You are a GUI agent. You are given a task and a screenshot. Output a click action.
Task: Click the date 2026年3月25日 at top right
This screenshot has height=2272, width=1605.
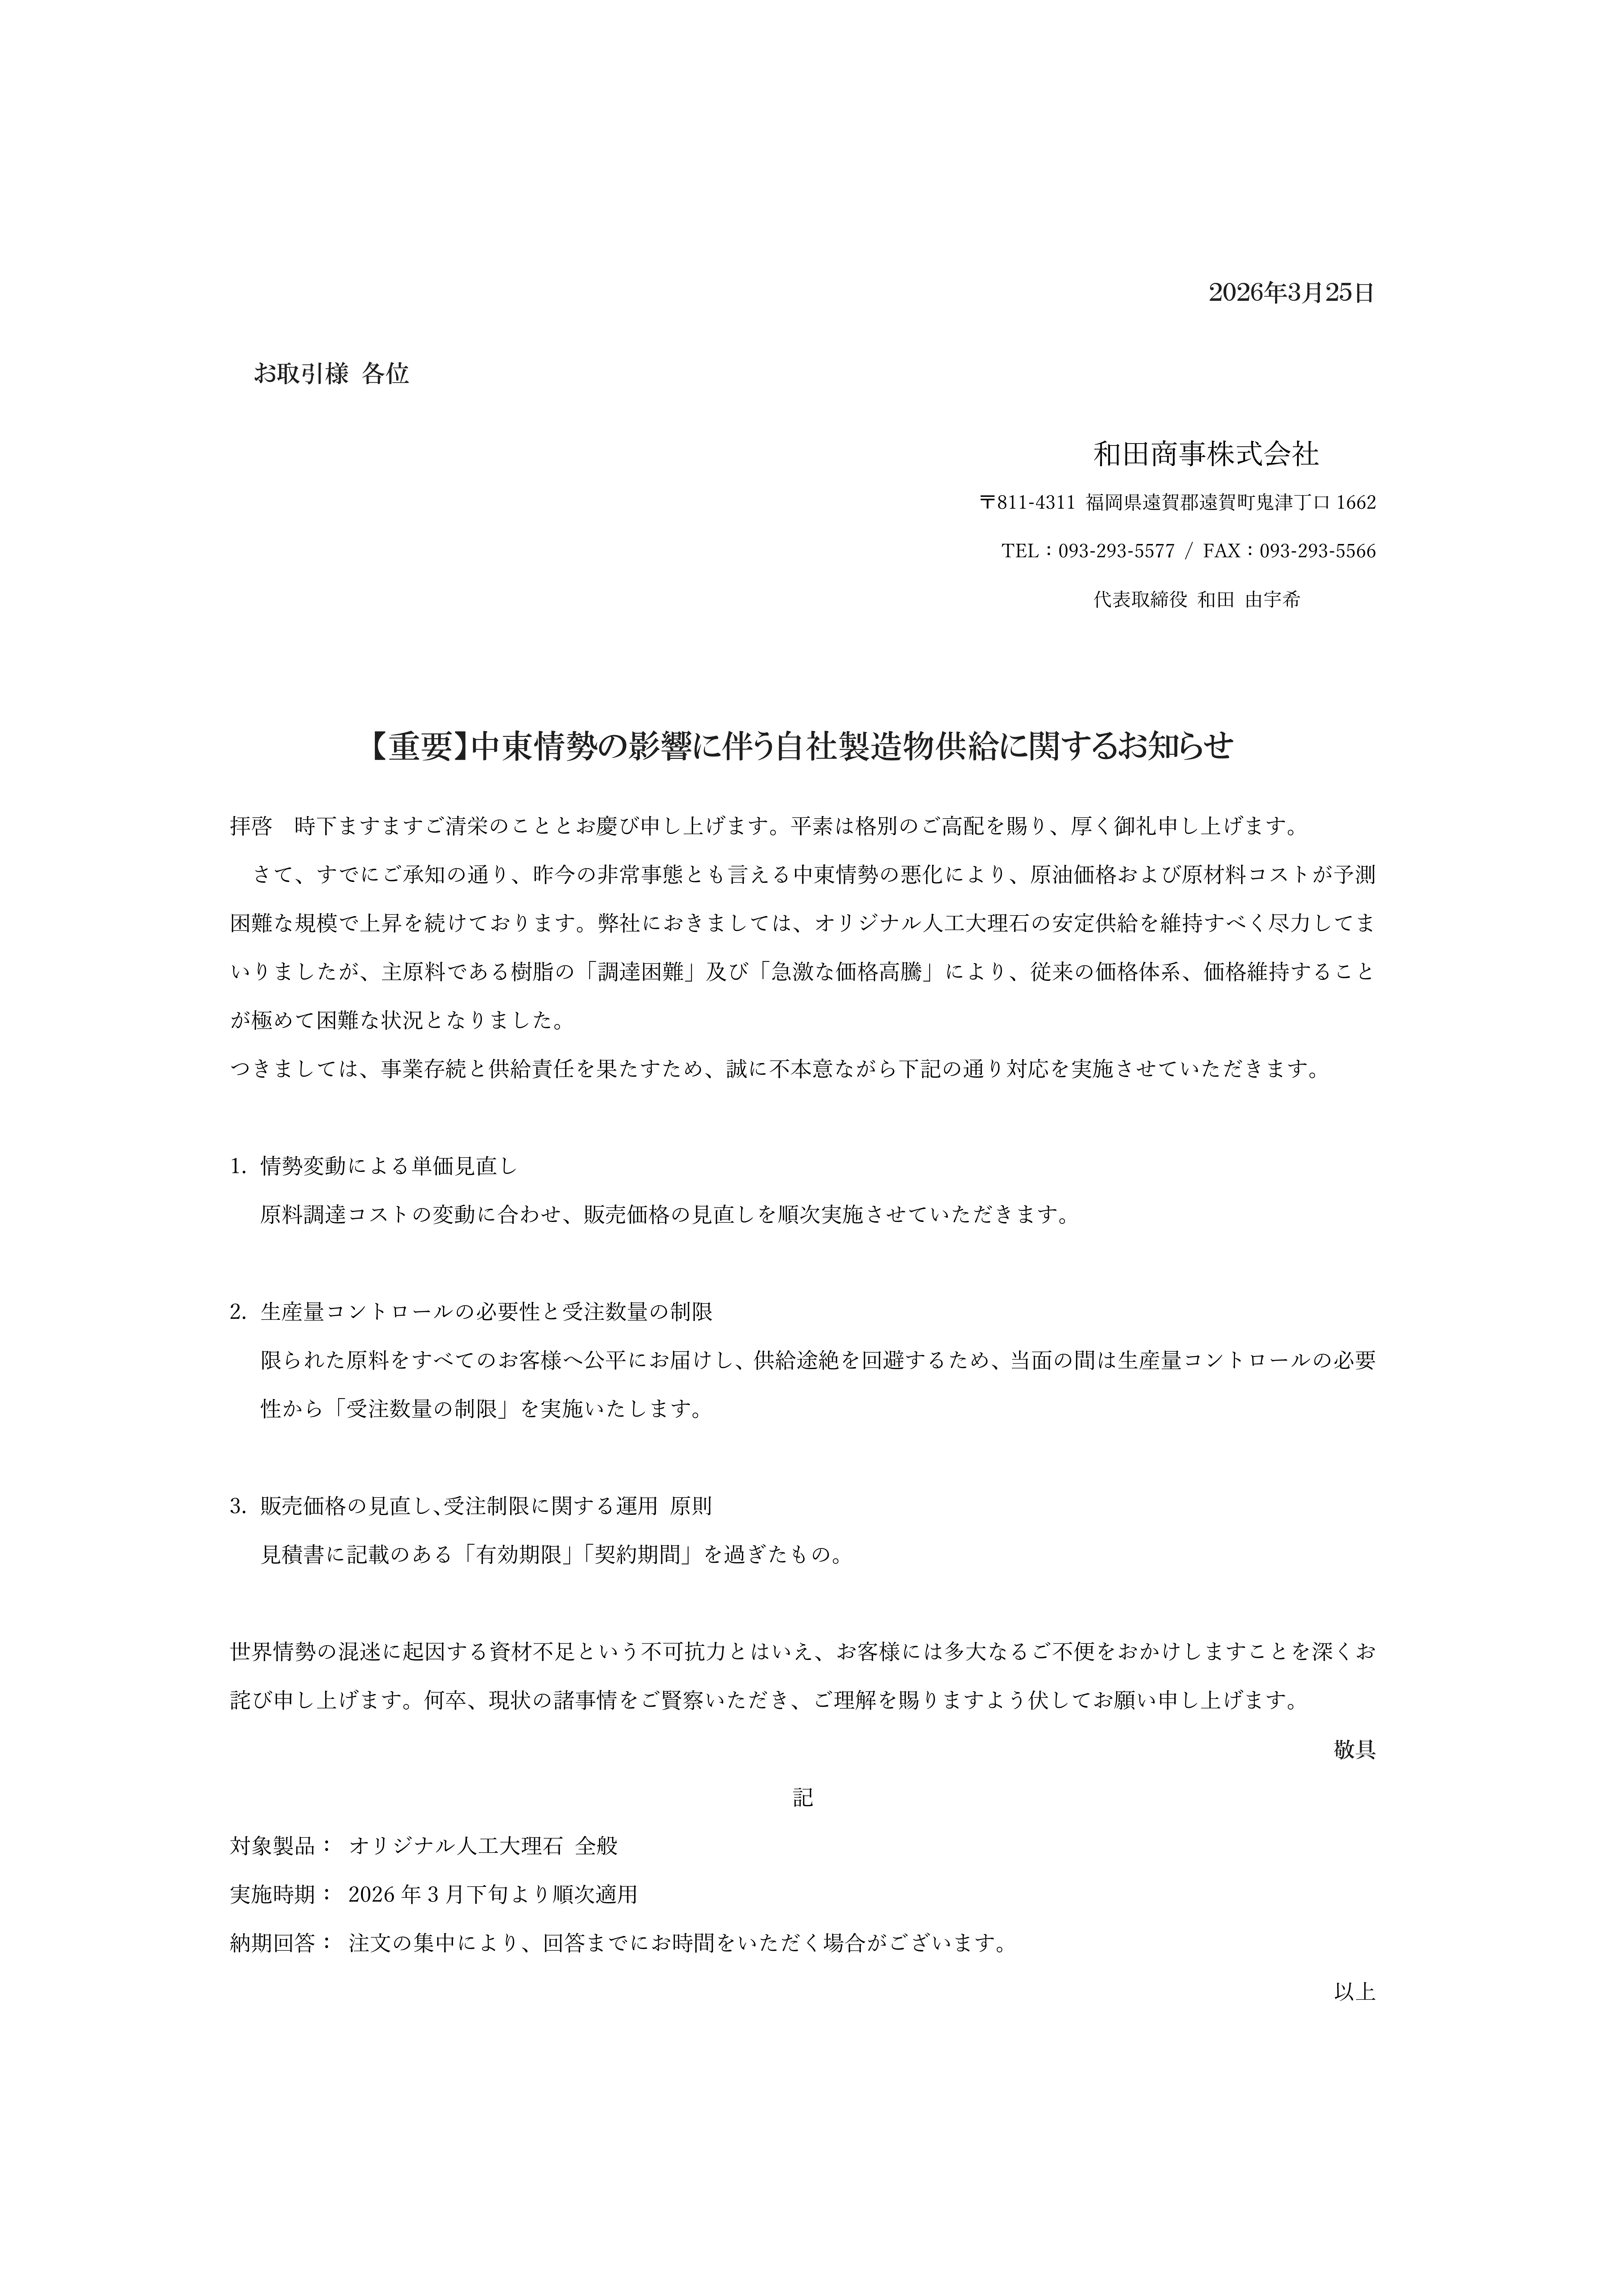(x=1291, y=293)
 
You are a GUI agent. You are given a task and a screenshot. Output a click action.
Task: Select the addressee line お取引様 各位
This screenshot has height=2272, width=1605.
(x=331, y=374)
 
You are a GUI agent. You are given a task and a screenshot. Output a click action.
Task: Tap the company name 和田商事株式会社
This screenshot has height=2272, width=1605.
(x=1205, y=454)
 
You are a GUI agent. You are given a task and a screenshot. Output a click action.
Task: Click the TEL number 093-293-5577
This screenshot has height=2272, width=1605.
(x=1116, y=551)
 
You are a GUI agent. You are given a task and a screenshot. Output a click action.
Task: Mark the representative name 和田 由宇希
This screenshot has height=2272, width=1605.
(x=1249, y=600)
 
